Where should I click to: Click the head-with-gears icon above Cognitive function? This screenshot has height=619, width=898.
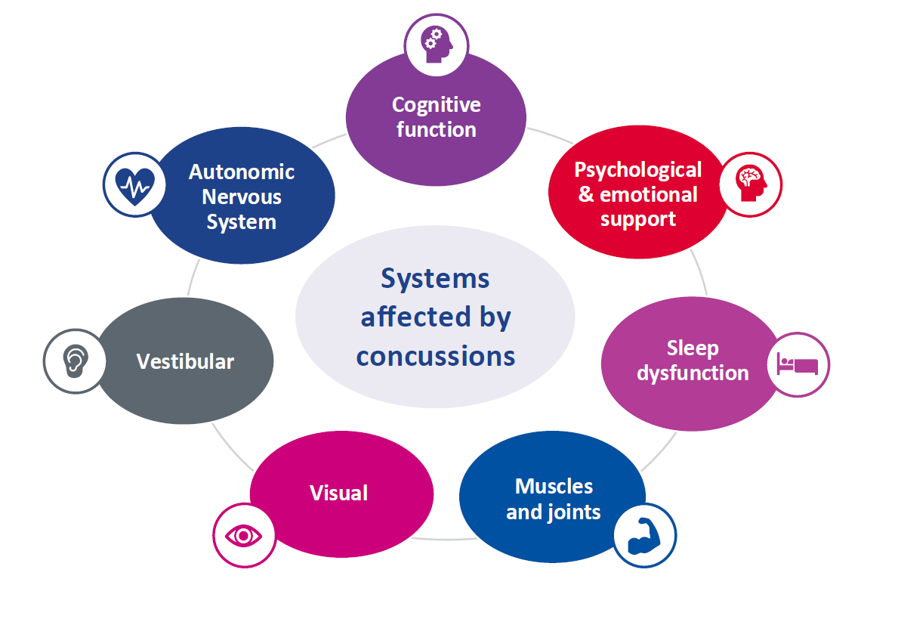coord(437,44)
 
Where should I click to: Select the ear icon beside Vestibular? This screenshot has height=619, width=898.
coord(73,361)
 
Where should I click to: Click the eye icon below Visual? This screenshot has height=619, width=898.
coord(244,536)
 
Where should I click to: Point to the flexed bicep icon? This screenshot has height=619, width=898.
coord(644,534)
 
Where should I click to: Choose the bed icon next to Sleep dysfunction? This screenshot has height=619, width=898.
coord(798,364)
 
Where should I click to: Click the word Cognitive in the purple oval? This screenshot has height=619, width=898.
coord(436,104)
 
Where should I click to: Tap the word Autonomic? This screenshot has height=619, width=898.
coord(241,172)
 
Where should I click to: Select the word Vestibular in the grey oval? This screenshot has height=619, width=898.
coord(185,361)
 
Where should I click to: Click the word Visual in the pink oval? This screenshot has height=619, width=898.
coord(339,494)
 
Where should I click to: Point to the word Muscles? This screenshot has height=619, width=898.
coord(554,486)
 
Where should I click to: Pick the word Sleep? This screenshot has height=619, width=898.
coord(692,348)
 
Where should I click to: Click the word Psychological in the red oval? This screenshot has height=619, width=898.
coord(638,169)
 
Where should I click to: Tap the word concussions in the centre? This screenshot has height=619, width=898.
coord(435,355)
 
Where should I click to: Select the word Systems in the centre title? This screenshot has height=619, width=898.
coord(435,279)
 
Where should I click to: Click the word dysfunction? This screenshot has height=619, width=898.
coord(692,373)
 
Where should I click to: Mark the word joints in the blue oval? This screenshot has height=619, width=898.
coord(575,512)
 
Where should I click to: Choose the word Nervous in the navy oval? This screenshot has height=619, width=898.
coord(242,197)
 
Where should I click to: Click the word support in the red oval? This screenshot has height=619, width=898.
coord(638,219)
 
